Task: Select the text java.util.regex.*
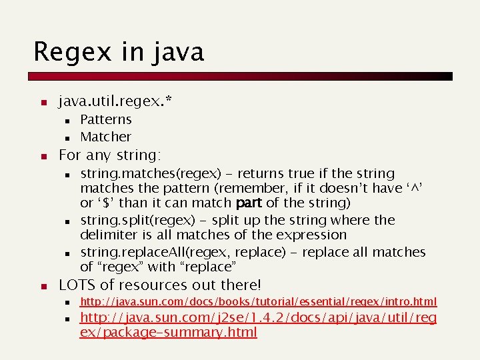pyautogui.click(x=115, y=101)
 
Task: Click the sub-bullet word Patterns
pyautogui.click(x=106, y=119)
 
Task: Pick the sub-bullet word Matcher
pyautogui.click(x=105, y=137)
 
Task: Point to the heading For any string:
pyautogui.click(x=109, y=155)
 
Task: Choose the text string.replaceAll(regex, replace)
pyautogui.click(x=180, y=252)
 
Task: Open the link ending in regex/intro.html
pyautogui.click(x=258, y=302)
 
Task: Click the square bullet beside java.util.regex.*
pyautogui.click(x=41, y=103)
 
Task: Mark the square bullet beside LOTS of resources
pyautogui.click(x=41, y=287)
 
